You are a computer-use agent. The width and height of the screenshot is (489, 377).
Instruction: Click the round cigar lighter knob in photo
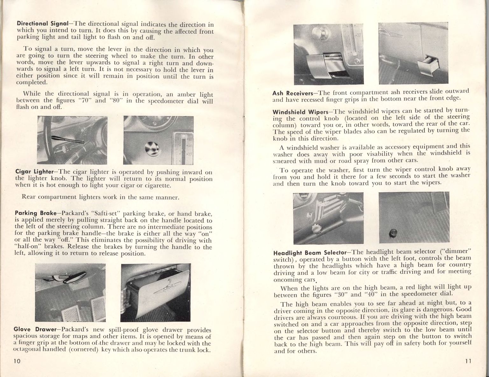tap(150, 148)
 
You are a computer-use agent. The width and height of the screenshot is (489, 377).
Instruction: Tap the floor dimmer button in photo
tap(391, 235)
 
